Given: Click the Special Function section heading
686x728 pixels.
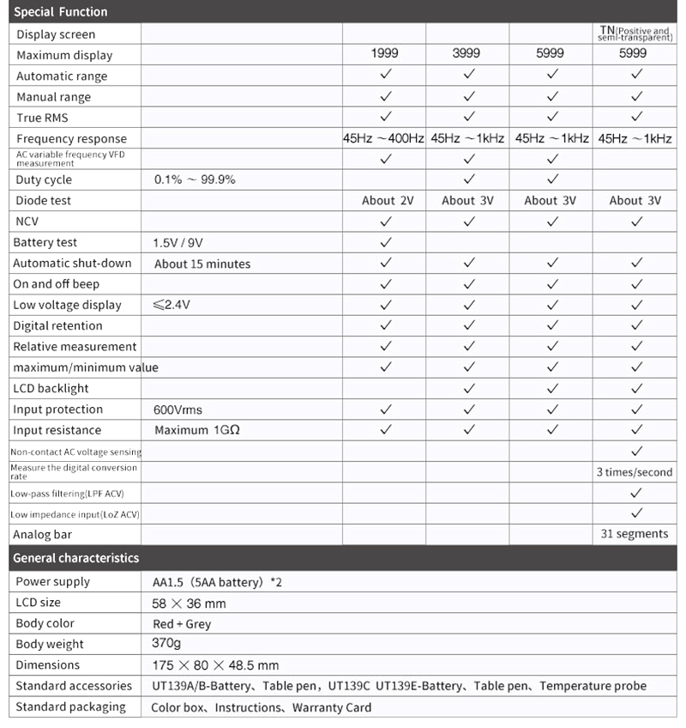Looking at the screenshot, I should tap(61, 12).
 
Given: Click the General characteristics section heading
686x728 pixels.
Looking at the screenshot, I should tap(76, 558).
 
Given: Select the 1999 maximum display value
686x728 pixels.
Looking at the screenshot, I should tap(385, 54).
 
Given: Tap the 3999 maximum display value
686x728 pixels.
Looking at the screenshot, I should tap(468, 54).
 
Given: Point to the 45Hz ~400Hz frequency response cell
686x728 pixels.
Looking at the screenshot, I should tap(384, 138).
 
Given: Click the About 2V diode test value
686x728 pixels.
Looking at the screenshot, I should tap(388, 200).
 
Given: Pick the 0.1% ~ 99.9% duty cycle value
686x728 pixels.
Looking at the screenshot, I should tap(195, 179).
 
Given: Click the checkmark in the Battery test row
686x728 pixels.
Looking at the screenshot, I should tap(386, 242).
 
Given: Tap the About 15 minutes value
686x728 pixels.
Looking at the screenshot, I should tap(202, 264).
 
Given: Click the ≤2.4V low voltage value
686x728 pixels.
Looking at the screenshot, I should tap(172, 305).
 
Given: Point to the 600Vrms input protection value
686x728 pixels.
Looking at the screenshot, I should tap(178, 409).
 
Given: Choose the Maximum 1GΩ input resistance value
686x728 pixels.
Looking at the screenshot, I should tap(196, 430).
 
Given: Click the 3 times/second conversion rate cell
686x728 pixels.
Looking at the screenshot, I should tap(635, 472).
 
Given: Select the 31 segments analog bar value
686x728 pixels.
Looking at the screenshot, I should tap(635, 534).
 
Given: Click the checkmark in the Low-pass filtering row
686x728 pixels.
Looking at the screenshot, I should tap(636, 493).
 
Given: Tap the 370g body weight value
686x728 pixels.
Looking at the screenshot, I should tap(166, 644).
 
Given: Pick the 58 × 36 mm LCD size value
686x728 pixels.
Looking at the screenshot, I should tap(189, 603).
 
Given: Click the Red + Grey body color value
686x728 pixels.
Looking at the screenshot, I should tap(181, 623).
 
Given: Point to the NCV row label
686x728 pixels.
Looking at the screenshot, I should tap(27, 221).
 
